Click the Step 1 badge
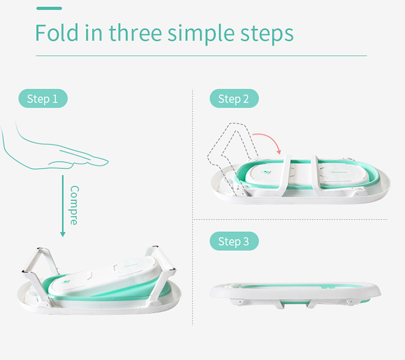[x=43, y=98]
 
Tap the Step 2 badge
[x=234, y=98]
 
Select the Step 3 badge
[x=234, y=241]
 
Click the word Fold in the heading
[x=57, y=32]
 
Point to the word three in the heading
[x=136, y=32]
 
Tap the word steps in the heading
[x=267, y=35]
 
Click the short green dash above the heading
[x=49, y=8]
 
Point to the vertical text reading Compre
[x=75, y=205]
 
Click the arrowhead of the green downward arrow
[x=63, y=234]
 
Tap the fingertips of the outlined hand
[x=102, y=162]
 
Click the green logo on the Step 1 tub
[x=65, y=282]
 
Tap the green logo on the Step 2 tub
[x=266, y=172]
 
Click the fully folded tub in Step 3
[x=295, y=295]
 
